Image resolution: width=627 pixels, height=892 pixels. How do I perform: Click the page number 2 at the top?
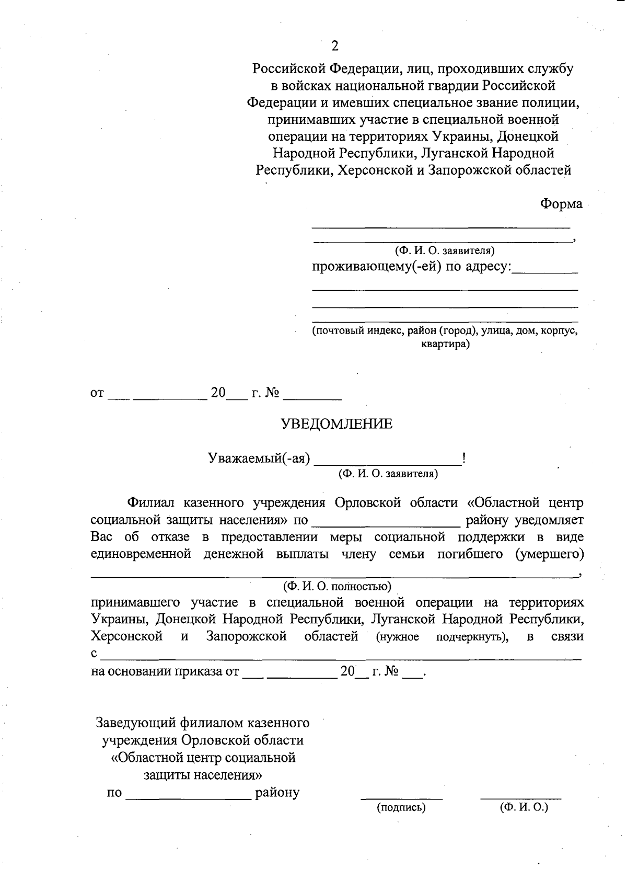click(335, 46)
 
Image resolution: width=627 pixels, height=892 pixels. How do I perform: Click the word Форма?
click(561, 204)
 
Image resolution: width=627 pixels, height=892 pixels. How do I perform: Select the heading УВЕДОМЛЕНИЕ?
click(337, 424)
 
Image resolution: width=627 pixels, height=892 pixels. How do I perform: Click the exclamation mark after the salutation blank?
click(464, 459)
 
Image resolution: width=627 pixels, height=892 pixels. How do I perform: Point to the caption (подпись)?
click(401, 808)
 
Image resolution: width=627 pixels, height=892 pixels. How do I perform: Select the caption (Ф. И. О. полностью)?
click(337, 586)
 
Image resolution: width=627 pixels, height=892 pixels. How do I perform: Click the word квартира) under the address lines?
click(445, 345)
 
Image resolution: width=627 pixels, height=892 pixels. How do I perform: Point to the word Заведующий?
click(136, 723)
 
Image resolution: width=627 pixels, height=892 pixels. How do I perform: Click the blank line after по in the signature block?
click(188, 794)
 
